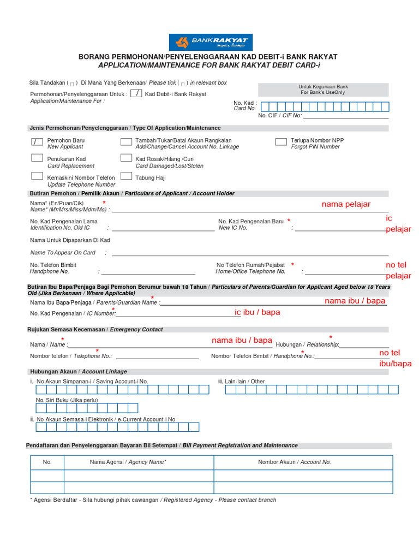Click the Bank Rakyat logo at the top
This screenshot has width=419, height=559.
coord(211,43)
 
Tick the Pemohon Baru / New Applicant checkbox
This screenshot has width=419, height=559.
coord(37,142)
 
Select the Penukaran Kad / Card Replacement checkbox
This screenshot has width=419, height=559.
coord(37,158)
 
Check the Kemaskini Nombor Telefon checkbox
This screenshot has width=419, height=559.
coord(37,176)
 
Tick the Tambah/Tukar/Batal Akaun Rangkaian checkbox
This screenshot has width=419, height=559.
coord(126,142)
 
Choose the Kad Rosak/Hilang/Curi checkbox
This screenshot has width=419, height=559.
coord(126,158)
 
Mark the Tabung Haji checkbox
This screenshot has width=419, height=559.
coord(126,176)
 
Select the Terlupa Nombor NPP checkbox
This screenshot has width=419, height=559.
coord(281,142)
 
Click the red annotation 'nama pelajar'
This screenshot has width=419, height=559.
coord(346,204)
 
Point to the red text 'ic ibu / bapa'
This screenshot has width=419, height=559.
coord(258,312)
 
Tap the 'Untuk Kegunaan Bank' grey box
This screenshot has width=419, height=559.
coord(323,90)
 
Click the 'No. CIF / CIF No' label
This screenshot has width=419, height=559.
coord(279,116)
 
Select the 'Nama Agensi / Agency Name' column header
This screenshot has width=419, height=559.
coord(128,462)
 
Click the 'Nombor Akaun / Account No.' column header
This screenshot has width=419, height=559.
coord(295,462)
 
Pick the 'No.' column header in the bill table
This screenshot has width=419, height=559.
coord(47,462)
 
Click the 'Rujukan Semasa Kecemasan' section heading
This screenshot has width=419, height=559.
coord(95,330)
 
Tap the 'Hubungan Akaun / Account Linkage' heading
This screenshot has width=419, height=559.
coord(77,372)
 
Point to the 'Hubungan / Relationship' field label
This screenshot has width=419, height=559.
coord(307,344)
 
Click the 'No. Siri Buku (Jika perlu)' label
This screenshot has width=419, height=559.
coord(67,400)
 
